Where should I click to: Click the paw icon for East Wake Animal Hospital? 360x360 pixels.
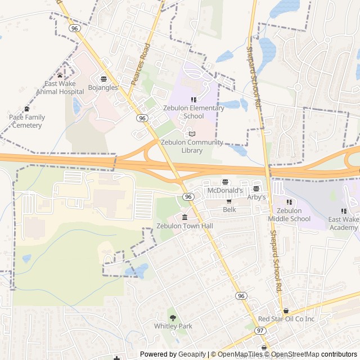coord(60,75)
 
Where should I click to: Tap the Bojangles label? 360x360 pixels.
coord(103,88)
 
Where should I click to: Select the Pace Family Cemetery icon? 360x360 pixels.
coord(26,109)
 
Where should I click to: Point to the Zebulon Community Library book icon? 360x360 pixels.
coord(192,134)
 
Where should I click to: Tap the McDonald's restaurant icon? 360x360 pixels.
coord(225,182)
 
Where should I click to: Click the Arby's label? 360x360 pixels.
coord(256,197)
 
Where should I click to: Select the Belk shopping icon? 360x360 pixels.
coord(229,201)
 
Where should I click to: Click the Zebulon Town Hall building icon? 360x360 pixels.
coord(184,217)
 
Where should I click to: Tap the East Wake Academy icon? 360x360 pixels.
coord(344,211)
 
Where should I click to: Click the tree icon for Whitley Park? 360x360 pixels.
coord(173,318)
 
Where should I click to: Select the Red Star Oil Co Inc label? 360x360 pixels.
coord(286,319)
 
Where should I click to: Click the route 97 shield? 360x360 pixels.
coord(260,331)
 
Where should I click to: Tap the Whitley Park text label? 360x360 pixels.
coord(173,326)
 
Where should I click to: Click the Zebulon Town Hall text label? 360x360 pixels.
coord(185,226)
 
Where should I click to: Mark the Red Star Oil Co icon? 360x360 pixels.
coord(286,310)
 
